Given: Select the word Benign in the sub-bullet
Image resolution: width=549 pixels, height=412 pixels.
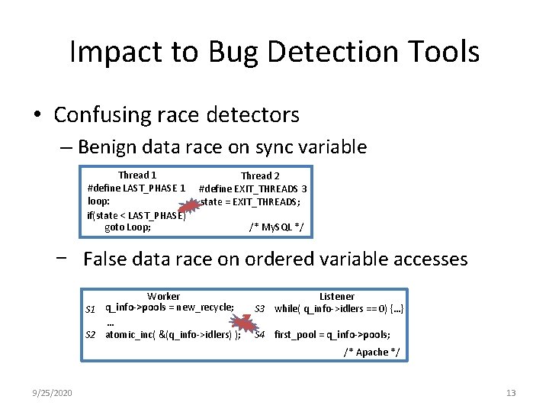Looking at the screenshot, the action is pos(112,146).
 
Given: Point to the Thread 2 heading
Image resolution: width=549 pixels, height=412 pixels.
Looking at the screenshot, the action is pos(260,176).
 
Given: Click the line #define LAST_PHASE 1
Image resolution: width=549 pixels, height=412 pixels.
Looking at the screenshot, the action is pos(136,188).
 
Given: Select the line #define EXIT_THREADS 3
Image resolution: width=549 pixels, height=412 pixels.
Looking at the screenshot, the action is pos(253,188).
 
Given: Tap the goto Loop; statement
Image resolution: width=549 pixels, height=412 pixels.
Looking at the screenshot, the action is pos(127,227).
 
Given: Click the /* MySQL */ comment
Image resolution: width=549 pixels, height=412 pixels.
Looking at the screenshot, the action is pos(276,227).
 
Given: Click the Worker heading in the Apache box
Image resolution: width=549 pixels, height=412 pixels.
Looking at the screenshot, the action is pos(163,296).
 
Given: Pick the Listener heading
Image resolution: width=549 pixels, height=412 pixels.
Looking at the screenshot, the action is pos(336,296).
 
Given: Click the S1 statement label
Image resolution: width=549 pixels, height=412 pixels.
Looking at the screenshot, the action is pos(90,309).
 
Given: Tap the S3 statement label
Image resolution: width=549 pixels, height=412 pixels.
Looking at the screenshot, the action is pos(260,309).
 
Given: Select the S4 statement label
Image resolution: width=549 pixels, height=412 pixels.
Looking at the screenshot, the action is pos(260,335).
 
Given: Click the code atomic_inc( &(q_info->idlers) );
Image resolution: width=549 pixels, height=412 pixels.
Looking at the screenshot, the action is pos(173,335).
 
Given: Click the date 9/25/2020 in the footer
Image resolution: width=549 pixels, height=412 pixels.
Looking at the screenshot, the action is pos(53,392).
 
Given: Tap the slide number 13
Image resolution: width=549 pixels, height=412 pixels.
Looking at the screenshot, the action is pos(511,392).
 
